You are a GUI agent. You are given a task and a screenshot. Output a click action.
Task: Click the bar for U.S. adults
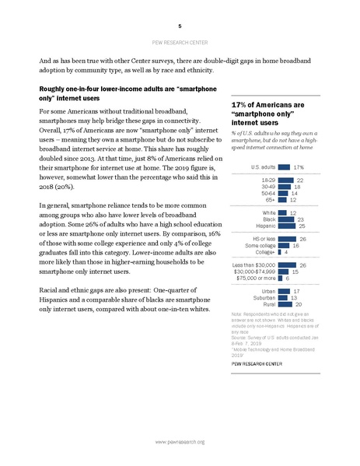[284, 166]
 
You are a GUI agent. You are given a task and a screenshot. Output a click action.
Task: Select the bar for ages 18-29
[285, 180]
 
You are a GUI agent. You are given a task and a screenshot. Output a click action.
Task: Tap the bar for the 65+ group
[282, 200]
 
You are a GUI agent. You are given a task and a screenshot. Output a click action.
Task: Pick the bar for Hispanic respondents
[287, 226]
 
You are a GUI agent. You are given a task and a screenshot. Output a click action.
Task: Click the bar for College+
[279, 252]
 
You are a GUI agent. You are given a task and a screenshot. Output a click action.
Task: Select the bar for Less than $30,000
[287, 265]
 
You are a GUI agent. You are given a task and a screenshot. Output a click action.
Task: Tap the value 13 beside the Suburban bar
[295, 297]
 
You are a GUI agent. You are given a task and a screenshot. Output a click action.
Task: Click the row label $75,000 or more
[254, 278]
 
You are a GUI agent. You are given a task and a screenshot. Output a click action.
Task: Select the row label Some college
[259, 245]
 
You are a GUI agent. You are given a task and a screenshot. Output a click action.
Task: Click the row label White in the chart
[268, 212]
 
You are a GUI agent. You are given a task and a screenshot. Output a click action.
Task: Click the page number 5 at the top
[180, 25]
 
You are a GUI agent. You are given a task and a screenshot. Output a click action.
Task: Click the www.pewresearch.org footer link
[180, 442]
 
